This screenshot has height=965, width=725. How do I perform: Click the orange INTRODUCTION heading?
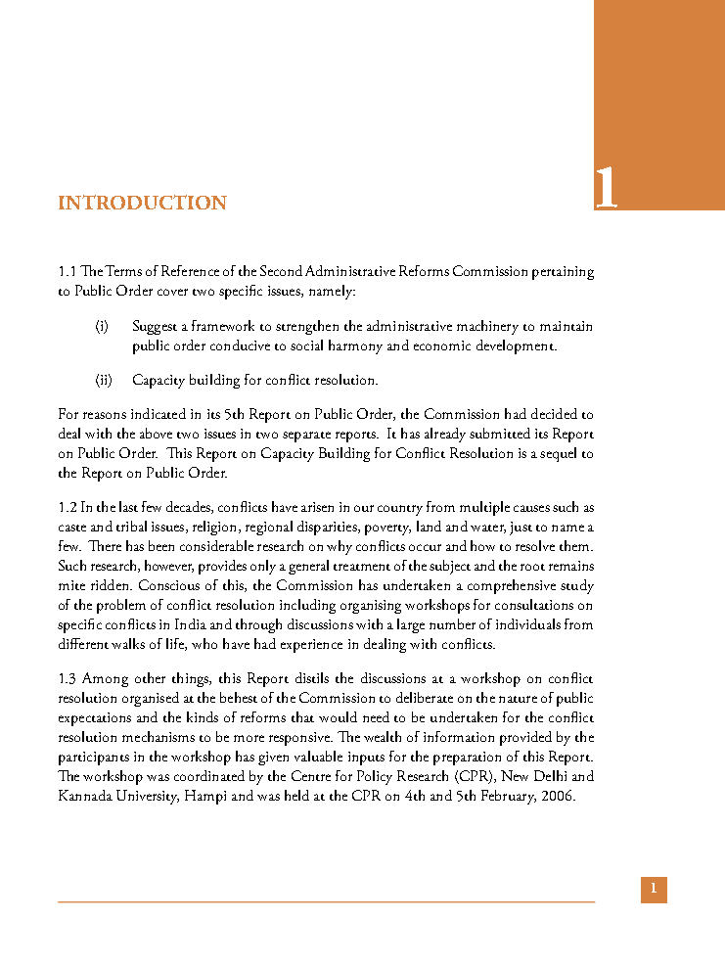pyautogui.click(x=142, y=204)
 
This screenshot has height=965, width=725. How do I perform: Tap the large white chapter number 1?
pyautogui.click(x=607, y=188)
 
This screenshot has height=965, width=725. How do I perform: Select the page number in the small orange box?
pyautogui.click(x=654, y=890)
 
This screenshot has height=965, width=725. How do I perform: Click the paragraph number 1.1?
pyautogui.click(x=68, y=271)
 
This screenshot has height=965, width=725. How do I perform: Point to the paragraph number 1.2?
pyautogui.click(x=68, y=507)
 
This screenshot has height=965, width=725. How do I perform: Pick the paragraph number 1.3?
pyautogui.click(x=68, y=678)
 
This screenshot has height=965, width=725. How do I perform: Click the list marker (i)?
pyautogui.click(x=102, y=326)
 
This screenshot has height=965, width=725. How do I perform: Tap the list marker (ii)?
pyautogui.click(x=104, y=380)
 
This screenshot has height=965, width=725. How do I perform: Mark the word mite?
pyautogui.click(x=72, y=585)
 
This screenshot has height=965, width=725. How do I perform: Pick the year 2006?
pyautogui.click(x=556, y=796)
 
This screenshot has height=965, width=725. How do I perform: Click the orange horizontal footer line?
pyautogui.click(x=326, y=901)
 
